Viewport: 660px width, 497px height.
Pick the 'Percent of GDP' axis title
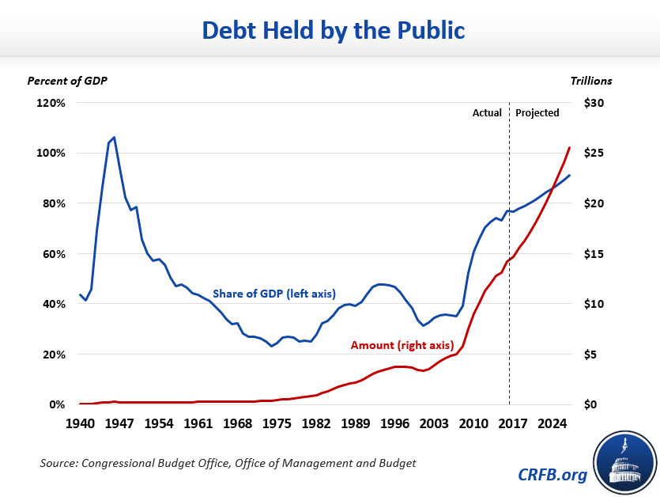pyautogui.click(x=67, y=80)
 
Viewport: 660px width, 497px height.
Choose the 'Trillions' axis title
pyautogui.click(x=590, y=80)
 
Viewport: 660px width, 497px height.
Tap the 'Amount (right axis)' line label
pyautogui.click(x=401, y=345)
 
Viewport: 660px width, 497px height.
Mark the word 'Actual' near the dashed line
pyautogui.click(x=487, y=112)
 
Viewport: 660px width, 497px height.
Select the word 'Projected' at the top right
pyautogui.click(x=537, y=112)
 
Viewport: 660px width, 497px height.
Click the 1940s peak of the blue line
pyautogui.click(x=115, y=137)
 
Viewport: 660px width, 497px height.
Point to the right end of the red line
pyautogui.click(x=570, y=147)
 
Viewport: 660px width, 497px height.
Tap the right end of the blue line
pyautogui.click(x=570, y=175)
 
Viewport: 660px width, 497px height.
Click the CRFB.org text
pyautogui.click(x=554, y=475)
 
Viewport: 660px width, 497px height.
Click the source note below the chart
pyautogui.click(x=228, y=461)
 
